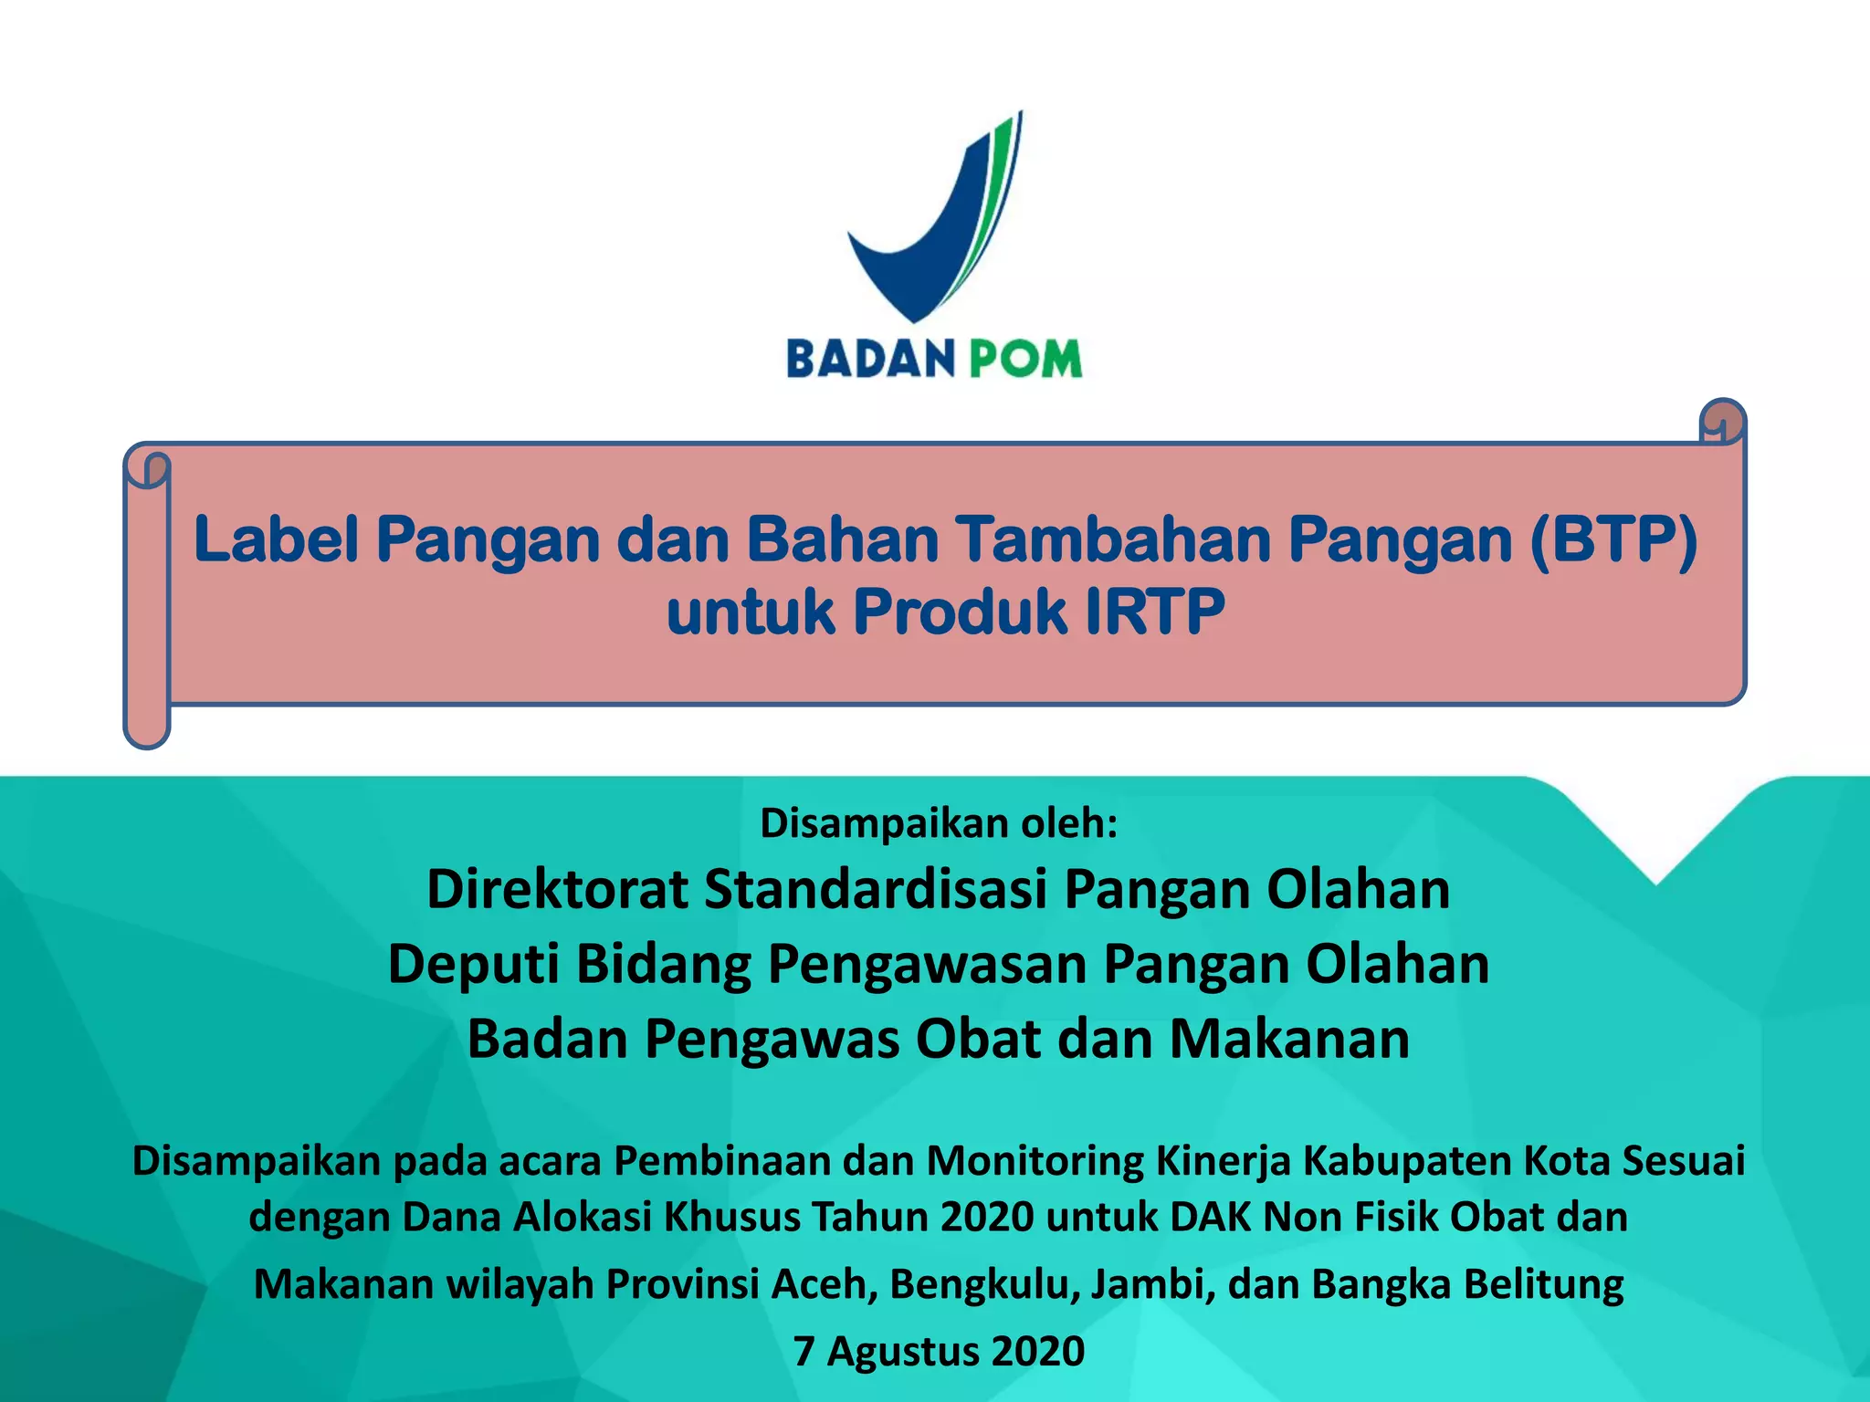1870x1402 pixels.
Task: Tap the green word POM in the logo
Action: coord(1025,359)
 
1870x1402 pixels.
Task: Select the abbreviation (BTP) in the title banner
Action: coord(1613,540)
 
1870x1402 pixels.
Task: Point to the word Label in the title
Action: coord(276,540)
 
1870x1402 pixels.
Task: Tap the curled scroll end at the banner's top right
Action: coord(1722,424)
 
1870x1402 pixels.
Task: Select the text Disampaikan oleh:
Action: coord(939,823)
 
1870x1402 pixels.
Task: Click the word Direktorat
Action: coord(557,890)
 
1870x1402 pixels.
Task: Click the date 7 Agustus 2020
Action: coord(939,1352)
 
